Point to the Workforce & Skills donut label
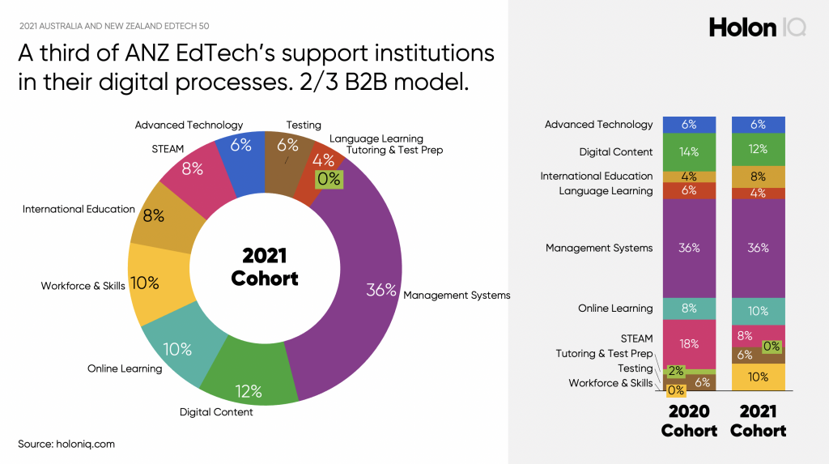pos(83,286)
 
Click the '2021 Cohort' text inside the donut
pos(265,267)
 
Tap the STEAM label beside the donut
pos(168,149)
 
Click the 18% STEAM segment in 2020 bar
pos(689,343)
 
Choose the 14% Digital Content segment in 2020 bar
pos(689,151)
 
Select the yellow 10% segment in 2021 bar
pos(758,377)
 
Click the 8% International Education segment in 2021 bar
pos(758,176)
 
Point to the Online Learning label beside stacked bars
pos(615,309)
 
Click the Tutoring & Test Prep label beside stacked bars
pos(604,354)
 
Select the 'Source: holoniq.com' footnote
pos(66,444)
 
